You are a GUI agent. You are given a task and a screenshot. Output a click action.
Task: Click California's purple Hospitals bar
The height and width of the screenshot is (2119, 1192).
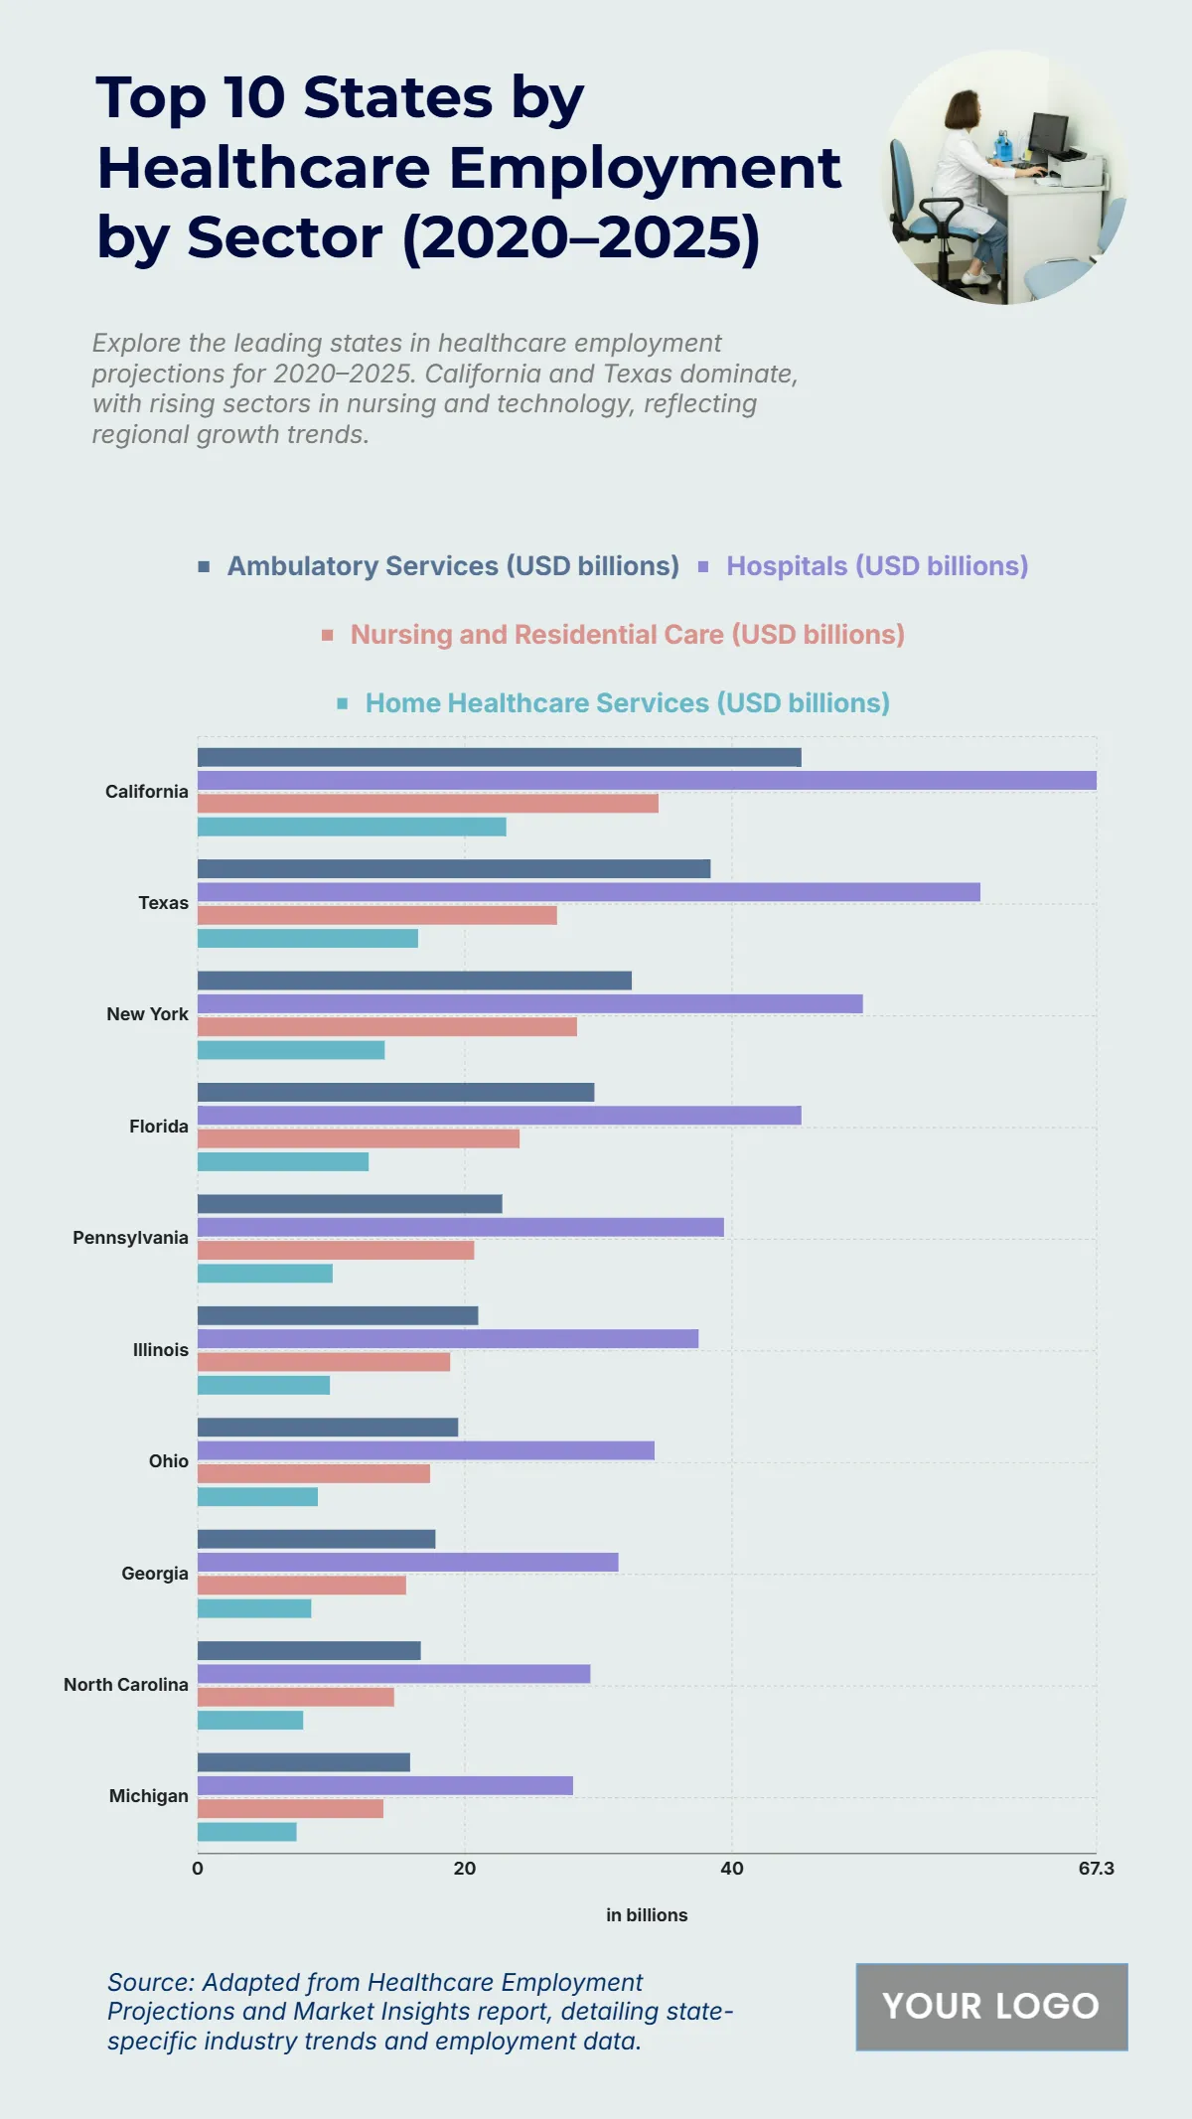pos(647,781)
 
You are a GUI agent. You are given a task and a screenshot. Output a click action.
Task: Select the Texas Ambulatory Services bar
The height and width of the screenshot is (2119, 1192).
pos(454,869)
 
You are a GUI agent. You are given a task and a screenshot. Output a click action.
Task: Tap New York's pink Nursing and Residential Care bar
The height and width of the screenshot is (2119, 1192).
pos(386,1027)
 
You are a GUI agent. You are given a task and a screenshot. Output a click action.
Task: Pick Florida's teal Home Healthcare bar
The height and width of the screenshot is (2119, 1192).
pos(283,1162)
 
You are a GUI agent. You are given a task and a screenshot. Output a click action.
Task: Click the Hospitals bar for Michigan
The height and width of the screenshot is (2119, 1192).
pos(385,1786)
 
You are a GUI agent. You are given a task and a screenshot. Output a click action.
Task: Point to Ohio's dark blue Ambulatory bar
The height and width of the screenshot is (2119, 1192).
pos(328,1428)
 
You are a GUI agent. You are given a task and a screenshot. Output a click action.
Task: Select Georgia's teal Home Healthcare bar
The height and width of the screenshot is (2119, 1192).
pos(254,1608)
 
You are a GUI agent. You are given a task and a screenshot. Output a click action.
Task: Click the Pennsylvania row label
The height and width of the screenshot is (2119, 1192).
pos(130,1238)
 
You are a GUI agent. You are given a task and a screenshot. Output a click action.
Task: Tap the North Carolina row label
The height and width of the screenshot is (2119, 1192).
pos(126,1685)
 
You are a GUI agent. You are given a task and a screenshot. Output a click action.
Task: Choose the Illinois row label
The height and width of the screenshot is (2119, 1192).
pos(161,1350)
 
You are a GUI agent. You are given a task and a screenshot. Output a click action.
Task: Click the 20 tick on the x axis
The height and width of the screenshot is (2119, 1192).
pos(464,1869)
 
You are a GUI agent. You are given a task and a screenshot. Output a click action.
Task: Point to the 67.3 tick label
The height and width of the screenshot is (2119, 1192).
pos(1096,1869)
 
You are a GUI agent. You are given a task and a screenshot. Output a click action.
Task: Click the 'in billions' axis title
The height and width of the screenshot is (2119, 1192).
pos(647,1915)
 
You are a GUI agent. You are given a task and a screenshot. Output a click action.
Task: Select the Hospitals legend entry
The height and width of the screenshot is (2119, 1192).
pos(876,566)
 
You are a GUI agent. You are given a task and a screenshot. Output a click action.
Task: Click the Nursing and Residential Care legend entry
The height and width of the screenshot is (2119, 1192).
pos(627,635)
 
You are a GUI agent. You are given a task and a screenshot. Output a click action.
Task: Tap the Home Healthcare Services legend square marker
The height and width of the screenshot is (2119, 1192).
pos(343,703)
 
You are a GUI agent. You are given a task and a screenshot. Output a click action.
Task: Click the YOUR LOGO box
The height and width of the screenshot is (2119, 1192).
pos(991,2007)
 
